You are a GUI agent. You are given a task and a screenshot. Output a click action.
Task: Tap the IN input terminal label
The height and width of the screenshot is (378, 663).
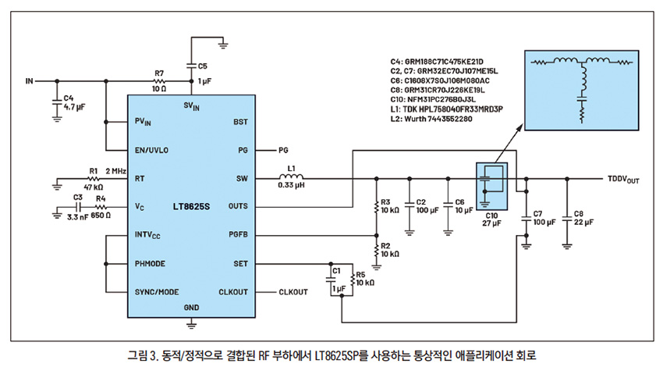pyautogui.click(x=30, y=80)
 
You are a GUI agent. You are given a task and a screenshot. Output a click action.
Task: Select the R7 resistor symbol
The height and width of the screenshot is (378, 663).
pyautogui.click(x=159, y=80)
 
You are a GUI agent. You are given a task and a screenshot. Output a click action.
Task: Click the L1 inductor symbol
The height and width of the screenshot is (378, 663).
pyautogui.click(x=292, y=177)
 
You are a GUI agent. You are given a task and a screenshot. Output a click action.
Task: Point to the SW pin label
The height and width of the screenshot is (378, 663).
pyautogui.click(x=241, y=177)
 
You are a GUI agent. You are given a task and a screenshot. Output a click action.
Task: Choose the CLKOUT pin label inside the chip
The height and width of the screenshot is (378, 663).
pyautogui.click(x=232, y=292)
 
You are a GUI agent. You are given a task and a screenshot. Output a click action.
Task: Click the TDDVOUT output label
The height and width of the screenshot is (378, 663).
pyautogui.click(x=623, y=179)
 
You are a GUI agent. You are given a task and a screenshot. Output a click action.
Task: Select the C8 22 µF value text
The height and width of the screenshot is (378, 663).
pyautogui.click(x=584, y=223)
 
